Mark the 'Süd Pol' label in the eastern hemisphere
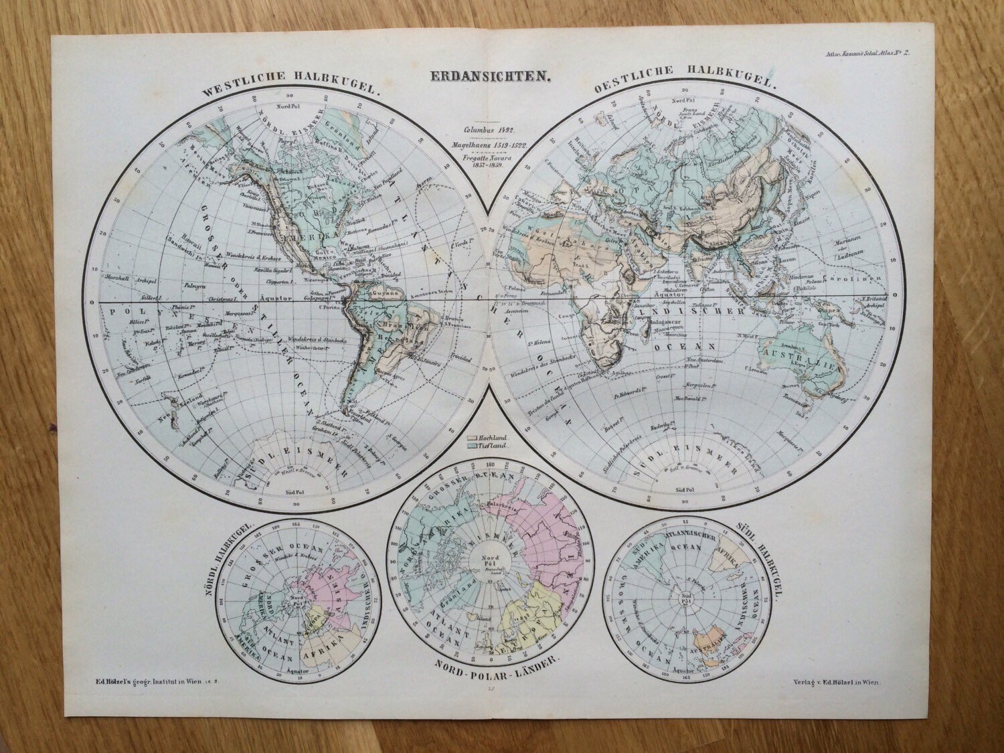pos(684,490)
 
